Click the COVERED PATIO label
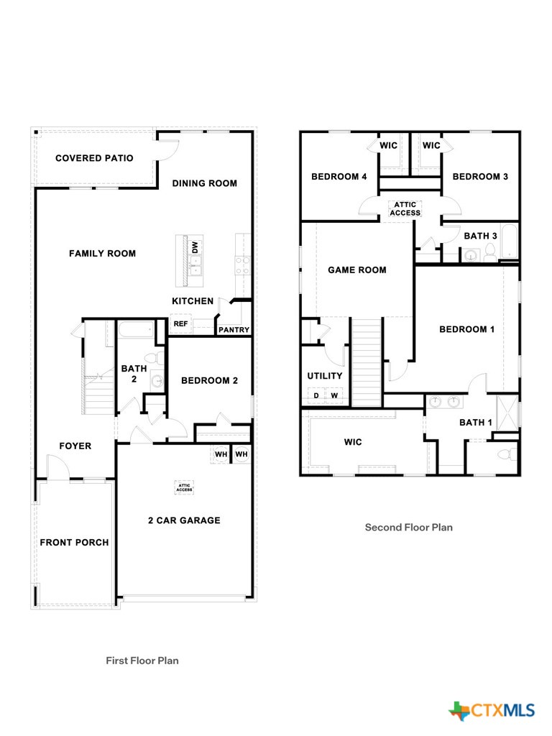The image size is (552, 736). tap(94, 158)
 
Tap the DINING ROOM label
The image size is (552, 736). tap(204, 183)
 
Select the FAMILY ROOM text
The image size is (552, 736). tap(102, 253)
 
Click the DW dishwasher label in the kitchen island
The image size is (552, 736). tap(194, 247)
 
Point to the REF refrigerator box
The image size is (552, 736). tap(180, 324)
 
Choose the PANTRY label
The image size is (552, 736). tap(234, 330)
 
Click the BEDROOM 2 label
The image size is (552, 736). tap(209, 380)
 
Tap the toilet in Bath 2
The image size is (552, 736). tap(151, 357)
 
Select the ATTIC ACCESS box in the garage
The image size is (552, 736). tap(185, 487)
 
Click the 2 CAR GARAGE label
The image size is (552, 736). tap(184, 520)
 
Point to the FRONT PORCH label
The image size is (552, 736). tap(74, 542)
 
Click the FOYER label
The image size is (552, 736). tap(75, 446)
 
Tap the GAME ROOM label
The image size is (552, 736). tap(356, 270)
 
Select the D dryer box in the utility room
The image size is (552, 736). tap(316, 395)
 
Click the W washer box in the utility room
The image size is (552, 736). tap(334, 395)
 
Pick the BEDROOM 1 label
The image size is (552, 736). tap(466, 329)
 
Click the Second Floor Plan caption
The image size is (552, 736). tap(408, 527)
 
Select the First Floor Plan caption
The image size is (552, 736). tap(142, 660)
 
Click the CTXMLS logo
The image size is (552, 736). tap(492, 711)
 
